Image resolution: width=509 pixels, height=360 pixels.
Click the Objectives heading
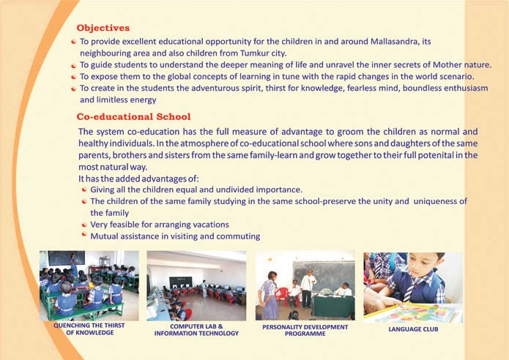103,28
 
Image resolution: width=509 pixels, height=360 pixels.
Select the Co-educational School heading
133,117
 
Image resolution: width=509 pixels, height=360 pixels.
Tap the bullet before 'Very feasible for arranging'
84,225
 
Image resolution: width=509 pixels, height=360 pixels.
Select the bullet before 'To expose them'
74,77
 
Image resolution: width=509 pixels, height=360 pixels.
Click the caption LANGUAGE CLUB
413,329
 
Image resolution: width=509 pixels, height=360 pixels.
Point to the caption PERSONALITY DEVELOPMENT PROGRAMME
305,330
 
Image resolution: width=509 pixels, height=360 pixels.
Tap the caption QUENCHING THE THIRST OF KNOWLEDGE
89,329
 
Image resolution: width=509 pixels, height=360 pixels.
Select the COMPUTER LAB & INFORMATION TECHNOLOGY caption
196,330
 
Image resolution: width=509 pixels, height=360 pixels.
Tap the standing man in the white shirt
307,288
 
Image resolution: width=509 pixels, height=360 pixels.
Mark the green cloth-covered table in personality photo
333,306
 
